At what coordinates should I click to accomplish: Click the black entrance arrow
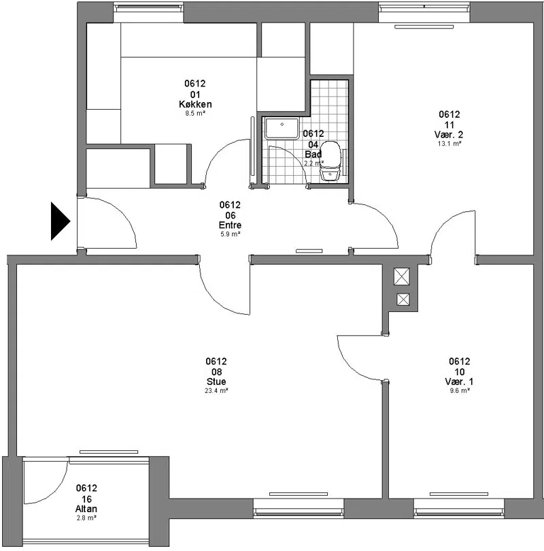click(61, 221)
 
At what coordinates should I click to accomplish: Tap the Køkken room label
click(195, 104)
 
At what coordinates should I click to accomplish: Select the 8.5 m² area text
click(195, 113)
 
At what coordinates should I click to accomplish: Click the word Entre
click(230, 225)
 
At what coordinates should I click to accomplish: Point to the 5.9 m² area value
click(230, 234)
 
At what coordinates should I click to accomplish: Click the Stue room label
click(216, 381)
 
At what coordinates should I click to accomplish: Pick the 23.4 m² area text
click(216, 390)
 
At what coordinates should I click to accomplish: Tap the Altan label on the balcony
click(86, 509)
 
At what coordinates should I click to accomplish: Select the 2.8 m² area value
click(86, 518)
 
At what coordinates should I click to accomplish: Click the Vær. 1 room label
click(460, 381)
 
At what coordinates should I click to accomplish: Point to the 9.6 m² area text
click(460, 390)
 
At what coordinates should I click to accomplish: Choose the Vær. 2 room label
click(449, 134)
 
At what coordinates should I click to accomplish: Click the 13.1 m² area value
click(449, 144)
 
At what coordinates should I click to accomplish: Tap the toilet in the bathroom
click(330, 160)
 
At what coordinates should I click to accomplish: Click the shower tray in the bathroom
click(282, 128)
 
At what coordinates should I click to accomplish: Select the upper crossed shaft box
click(402, 277)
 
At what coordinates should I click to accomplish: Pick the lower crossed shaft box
click(403, 300)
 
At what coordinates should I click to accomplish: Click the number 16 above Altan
click(86, 499)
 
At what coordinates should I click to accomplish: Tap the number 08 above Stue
click(216, 372)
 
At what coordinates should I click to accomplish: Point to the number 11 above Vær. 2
click(449, 125)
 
